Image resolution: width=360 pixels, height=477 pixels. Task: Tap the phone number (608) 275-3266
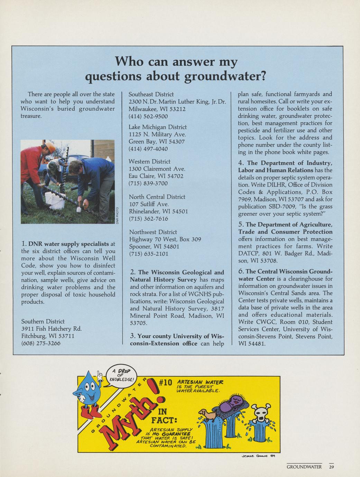click(41, 343)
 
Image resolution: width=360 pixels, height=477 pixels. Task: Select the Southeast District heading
click(151, 94)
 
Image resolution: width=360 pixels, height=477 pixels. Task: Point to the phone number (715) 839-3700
click(148, 183)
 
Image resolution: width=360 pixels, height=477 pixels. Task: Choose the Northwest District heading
click(153, 232)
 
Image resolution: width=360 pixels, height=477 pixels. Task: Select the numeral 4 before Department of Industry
click(241, 163)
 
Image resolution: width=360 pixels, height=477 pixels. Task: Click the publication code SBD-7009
click(281, 207)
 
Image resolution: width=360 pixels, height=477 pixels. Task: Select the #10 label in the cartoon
click(165, 383)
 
